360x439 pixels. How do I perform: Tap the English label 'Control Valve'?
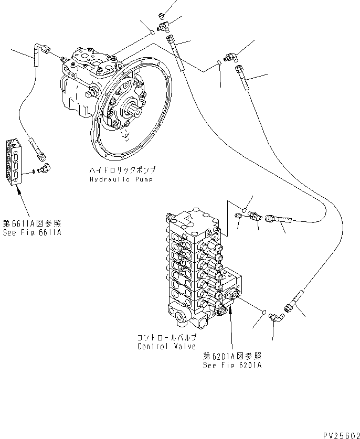tap(166, 346)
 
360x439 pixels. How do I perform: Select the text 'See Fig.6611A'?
tap(31, 232)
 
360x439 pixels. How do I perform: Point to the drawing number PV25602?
tap(339, 433)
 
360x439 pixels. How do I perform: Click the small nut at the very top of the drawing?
tap(163, 15)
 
